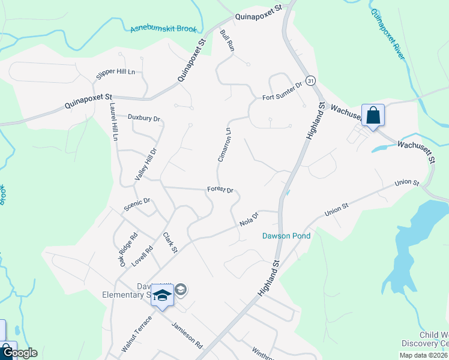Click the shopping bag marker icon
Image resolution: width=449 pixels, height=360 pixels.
click(x=373, y=115)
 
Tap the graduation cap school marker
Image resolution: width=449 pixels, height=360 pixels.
click(x=162, y=295)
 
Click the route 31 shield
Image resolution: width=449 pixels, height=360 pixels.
click(x=310, y=80)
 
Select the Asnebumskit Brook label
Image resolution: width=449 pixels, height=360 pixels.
click(x=163, y=29)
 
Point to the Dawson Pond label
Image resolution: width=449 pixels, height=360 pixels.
click(x=286, y=236)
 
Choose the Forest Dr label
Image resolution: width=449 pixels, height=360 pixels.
click(x=220, y=189)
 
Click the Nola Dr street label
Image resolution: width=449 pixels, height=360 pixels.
click(x=249, y=219)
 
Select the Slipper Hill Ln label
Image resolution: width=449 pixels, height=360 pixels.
click(x=116, y=74)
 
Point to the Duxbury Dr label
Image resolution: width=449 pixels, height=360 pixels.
click(x=143, y=118)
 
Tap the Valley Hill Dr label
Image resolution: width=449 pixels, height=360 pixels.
click(x=145, y=164)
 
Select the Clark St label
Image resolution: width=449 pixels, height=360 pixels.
click(x=170, y=242)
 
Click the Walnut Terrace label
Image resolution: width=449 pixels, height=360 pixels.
click(x=136, y=334)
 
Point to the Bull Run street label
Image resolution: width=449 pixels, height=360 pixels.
click(x=226, y=40)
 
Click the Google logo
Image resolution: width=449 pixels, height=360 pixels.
click(x=20, y=353)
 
